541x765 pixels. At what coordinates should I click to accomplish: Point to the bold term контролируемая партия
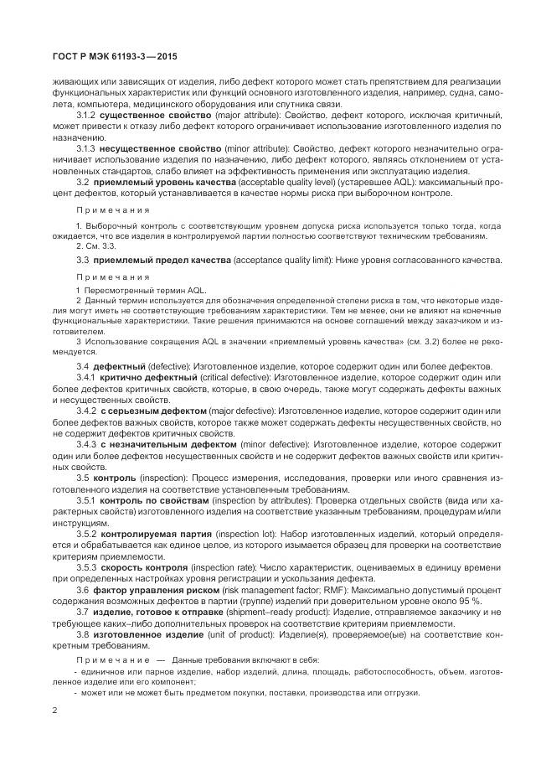[x=157, y=533]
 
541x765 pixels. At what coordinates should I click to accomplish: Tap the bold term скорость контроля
[x=146, y=566]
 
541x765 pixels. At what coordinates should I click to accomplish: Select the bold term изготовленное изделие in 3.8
[x=147, y=634]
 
